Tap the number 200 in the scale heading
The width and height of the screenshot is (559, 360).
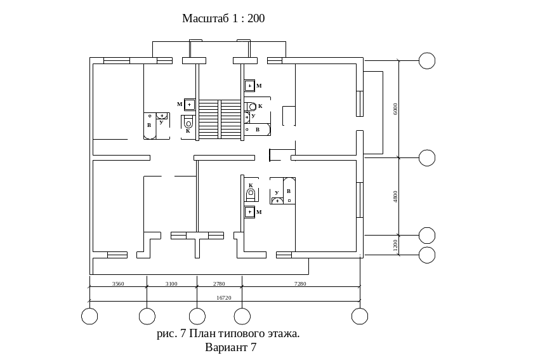tap(255, 18)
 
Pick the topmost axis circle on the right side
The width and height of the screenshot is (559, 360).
tap(428, 61)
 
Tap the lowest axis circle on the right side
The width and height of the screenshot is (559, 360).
tap(428, 255)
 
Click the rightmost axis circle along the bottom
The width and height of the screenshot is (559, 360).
tap(360, 316)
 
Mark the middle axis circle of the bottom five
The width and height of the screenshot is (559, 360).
tap(197, 316)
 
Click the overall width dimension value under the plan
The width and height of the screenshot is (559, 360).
tap(223, 298)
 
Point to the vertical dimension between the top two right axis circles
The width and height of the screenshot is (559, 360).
tap(395, 108)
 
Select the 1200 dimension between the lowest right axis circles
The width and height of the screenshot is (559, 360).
tap(395, 246)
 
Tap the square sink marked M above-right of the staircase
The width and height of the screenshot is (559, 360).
tap(250, 85)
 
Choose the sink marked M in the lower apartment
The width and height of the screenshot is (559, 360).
tap(250, 212)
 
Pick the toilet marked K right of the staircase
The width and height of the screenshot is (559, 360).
tap(253, 106)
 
